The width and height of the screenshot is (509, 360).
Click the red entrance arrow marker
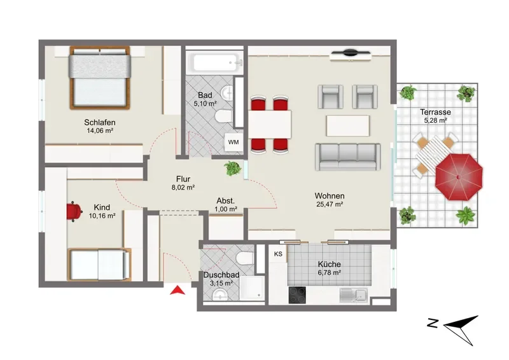pyautogui.click(x=178, y=290)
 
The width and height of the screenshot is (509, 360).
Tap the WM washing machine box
pyautogui.click(x=234, y=142)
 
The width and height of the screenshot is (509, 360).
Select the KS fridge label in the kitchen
pyautogui.click(x=278, y=254)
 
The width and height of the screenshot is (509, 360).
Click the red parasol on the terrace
pyautogui.click(x=459, y=177)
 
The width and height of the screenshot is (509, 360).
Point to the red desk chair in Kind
pyautogui.click(x=74, y=212)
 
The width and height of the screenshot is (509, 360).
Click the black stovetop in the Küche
pyautogui.click(x=297, y=294)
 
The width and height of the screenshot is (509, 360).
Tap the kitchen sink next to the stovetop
pyautogui.click(x=353, y=295)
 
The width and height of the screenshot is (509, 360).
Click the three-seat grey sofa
pyautogui.click(x=347, y=157)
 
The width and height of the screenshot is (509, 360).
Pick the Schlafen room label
pyautogui.click(x=100, y=122)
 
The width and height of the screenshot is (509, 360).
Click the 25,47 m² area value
pyautogui.click(x=330, y=205)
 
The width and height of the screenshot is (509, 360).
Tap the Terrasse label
pyautogui.click(x=435, y=112)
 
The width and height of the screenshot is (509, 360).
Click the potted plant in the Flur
pyautogui.click(x=233, y=168)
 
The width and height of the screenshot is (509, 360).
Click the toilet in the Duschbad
pyautogui.click(x=245, y=258)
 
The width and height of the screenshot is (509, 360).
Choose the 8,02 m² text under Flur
pyautogui.click(x=183, y=187)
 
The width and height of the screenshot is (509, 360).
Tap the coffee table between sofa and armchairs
pyautogui.click(x=347, y=126)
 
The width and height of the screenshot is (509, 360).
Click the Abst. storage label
pyautogui.click(x=226, y=200)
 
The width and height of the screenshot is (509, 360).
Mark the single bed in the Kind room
pyautogui.click(x=99, y=264)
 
